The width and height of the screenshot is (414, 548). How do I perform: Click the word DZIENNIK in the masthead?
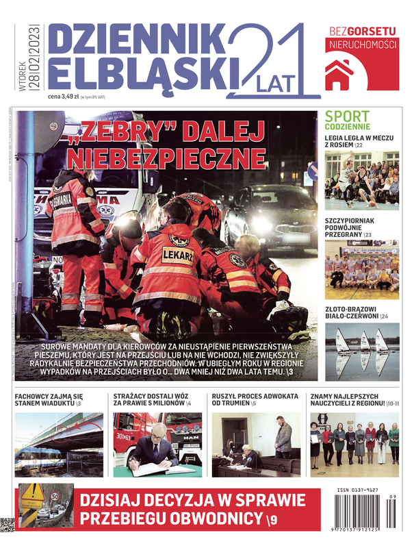[136, 40]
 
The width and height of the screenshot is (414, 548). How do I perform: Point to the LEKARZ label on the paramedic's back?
[177, 255]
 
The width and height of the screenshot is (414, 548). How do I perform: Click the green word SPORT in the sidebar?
[347, 116]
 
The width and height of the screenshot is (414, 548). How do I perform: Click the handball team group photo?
[361, 264]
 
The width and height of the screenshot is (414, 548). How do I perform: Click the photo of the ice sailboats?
[361, 351]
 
